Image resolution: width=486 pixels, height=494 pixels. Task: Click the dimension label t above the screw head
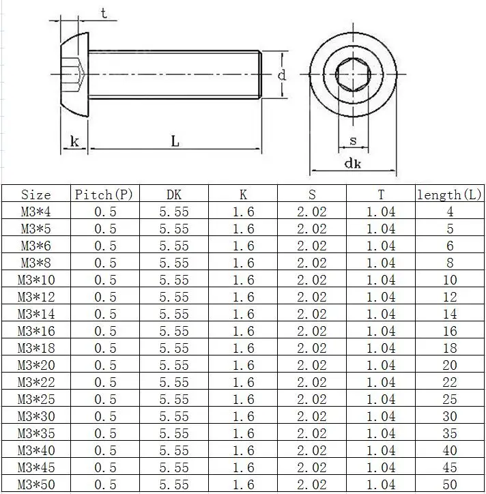(104, 14)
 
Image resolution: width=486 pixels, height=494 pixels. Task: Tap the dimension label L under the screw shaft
(175, 141)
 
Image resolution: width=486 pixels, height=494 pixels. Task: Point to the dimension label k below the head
(74, 141)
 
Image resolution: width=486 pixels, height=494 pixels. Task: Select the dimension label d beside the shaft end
(282, 75)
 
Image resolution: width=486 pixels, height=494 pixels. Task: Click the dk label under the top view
(353, 163)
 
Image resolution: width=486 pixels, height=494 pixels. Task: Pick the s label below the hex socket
(354, 141)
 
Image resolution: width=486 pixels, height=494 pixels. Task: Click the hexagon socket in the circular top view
(353, 74)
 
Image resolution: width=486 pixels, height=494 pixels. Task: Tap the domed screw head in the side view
(74, 74)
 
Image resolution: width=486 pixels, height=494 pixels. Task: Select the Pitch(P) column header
(104, 194)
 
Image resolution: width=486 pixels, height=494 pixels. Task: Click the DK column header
(174, 194)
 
